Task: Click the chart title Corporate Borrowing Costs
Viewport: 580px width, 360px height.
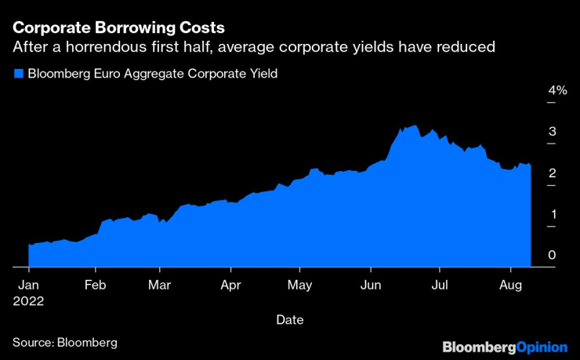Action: pyautogui.click(x=118, y=27)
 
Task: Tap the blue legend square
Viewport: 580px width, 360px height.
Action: pyautogui.click(x=17, y=75)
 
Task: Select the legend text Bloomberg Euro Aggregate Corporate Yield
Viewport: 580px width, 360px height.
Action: pyautogui.click(x=153, y=75)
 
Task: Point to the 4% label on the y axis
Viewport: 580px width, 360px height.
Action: pyautogui.click(x=556, y=91)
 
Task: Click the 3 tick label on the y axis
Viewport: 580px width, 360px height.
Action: pyautogui.click(x=553, y=132)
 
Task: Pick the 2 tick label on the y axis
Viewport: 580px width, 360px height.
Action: pyautogui.click(x=553, y=173)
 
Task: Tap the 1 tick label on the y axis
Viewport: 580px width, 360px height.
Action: pyautogui.click(x=553, y=214)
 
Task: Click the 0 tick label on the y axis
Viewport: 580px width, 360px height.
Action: pyautogui.click(x=553, y=255)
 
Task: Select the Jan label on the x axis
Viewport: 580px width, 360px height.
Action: pyautogui.click(x=28, y=285)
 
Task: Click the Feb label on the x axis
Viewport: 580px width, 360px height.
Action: pyautogui.click(x=96, y=285)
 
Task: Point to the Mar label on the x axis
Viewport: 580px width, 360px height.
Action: pyautogui.click(x=159, y=285)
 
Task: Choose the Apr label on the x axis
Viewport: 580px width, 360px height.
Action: pyautogui.click(x=230, y=285)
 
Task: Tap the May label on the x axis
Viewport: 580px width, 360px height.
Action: pyautogui.click(x=300, y=285)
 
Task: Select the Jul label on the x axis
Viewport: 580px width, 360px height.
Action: pyautogui.click(x=440, y=285)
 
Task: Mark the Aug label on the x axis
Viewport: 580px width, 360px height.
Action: pyautogui.click(x=511, y=285)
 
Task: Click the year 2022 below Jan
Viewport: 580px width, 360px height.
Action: pyautogui.click(x=30, y=300)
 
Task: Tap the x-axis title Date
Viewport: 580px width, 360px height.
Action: pyautogui.click(x=289, y=320)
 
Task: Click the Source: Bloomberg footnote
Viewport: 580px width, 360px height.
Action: pyautogui.click(x=64, y=343)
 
